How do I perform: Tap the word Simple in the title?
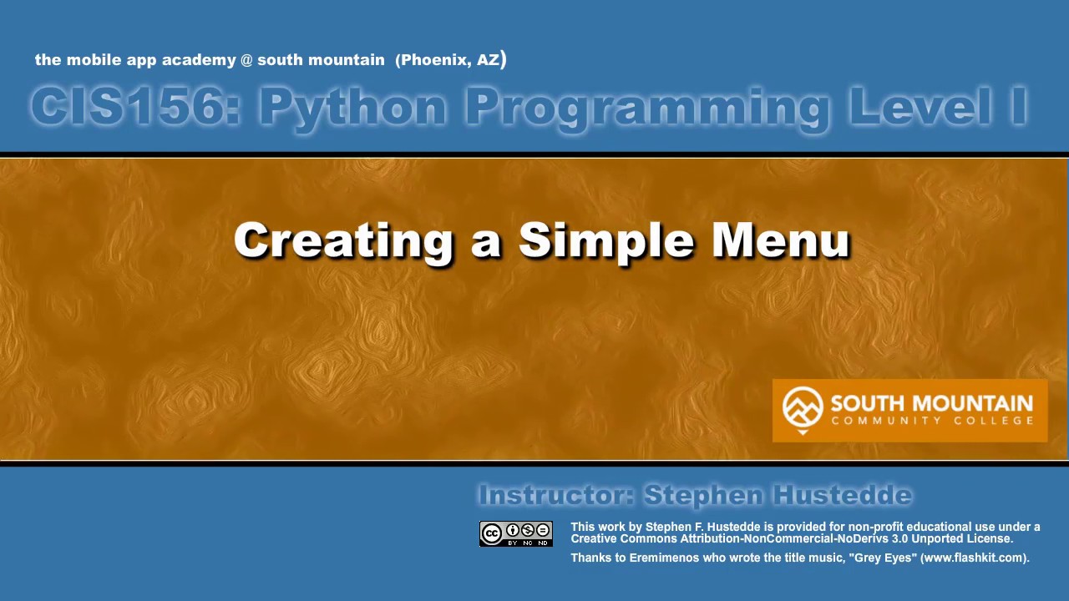point(606,241)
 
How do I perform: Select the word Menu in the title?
point(781,241)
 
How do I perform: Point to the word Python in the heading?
point(352,108)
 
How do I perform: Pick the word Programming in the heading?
point(647,108)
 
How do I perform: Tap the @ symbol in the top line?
point(246,60)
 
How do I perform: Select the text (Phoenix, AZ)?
point(451,59)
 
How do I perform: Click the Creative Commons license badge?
point(516,533)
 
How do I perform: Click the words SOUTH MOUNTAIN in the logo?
point(932,404)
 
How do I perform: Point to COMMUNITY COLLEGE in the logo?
point(932,421)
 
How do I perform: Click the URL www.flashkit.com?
point(974,558)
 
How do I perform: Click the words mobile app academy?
point(151,60)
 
